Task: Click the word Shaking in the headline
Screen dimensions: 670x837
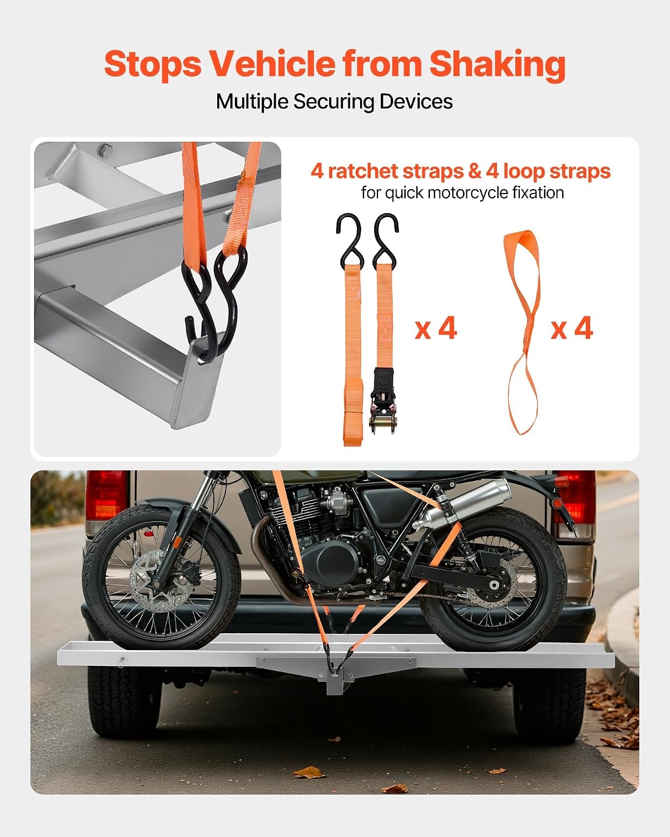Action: (497, 65)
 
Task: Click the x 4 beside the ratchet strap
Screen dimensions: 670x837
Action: (435, 329)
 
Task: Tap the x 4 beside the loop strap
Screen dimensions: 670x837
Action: (572, 329)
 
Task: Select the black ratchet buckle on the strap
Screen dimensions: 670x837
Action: (384, 401)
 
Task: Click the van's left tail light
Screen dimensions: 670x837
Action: (106, 501)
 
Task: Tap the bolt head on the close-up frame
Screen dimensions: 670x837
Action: (105, 150)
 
